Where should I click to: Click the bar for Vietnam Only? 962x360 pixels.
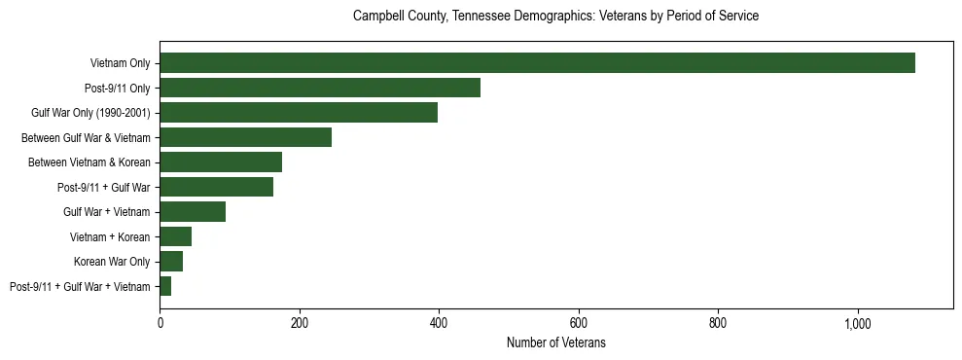click(x=537, y=63)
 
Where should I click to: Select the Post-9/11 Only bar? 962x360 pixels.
click(x=320, y=88)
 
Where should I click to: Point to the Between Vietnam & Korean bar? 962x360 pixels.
click(x=221, y=162)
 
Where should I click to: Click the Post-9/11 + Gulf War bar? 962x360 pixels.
click(x=216, y=187)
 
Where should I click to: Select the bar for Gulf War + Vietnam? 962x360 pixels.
click(x=193, y=211)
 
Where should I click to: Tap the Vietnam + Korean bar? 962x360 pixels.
click(x=175, y=236)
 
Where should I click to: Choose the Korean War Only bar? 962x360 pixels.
click(x=171, y=261)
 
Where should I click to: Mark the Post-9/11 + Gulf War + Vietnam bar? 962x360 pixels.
click(x=165, y=286)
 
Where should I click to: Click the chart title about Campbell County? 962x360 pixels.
click(x=555, y=17)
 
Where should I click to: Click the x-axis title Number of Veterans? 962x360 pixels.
click(x=556, y=342)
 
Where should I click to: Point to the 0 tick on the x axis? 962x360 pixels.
click(x=160, y=322)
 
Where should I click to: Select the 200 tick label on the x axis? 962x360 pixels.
click(x=300, y=322)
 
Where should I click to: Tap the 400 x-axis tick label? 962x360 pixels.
click(x=439, y=322)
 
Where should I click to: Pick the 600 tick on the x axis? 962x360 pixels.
click(x=579, y=322)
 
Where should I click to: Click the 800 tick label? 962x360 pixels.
click(x=719, y=322)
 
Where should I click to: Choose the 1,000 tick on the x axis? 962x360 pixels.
click(x=858, y=322)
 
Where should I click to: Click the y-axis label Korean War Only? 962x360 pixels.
click(x=112, y=262)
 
